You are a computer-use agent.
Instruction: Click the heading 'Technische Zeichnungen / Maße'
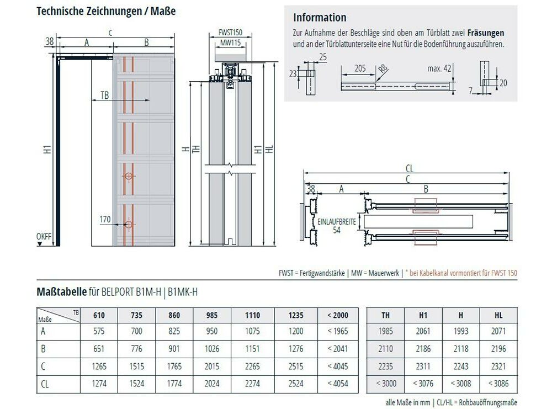coord(106,11)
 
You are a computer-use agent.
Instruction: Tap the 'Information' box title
coord(320,18)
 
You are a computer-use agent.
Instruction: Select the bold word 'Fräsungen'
coord(486,33)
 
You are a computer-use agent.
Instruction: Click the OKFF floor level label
coord(44,237)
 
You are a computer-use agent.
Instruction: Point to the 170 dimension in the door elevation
coord(105,219)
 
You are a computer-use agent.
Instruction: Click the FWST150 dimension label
coord(230,33)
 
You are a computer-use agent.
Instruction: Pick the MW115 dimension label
coord(230,43)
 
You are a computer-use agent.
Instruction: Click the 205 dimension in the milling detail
coord(360,68)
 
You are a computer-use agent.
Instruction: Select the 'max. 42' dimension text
coord(439,68)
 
